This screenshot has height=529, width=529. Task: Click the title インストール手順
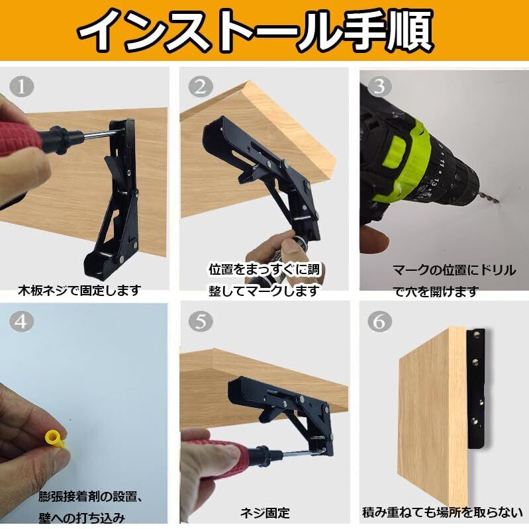click(256, 30)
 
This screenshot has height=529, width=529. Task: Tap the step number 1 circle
click(22, 86)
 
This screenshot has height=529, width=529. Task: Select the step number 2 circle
click(201, 87)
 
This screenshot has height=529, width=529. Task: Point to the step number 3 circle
click(379, 86)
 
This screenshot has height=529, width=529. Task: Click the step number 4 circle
click(22, 321)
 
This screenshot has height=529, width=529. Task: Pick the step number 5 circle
click(201, 321)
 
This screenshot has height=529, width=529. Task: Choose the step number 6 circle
click(379, 321)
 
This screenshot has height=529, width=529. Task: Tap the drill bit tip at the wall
click(499, 202)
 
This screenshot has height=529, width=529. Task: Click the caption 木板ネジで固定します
click(79, 290)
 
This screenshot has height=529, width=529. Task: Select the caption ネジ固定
click(265, 513)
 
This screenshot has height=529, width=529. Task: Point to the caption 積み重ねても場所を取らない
click(442, 512)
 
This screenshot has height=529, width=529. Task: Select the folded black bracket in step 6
click(477, 389)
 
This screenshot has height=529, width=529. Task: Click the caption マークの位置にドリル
click(454, 270)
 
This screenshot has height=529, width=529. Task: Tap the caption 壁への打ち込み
click(81, 518)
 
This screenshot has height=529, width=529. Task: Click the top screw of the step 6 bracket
click(477, 334)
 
